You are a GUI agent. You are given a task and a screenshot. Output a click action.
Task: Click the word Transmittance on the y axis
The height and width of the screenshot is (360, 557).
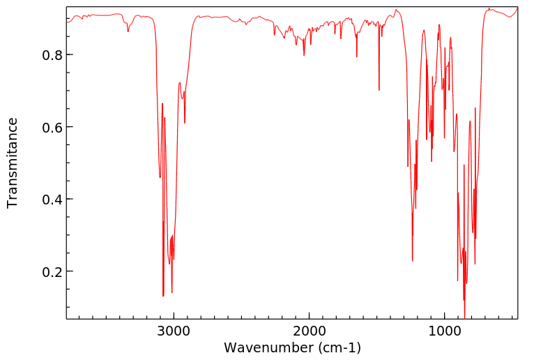[x=13, y=163]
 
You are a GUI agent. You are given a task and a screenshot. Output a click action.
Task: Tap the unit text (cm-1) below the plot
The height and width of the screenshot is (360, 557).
[x=337, y=347]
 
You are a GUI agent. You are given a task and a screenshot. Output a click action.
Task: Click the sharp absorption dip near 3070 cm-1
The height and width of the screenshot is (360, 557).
[x=163, y=296]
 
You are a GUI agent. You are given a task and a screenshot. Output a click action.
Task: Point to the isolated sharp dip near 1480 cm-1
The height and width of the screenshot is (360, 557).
[x=379, y=90]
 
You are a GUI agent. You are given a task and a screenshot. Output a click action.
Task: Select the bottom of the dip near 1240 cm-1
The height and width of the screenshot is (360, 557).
[x=413, y=261]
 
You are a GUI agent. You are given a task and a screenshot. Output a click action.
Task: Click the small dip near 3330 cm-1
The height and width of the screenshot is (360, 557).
[x=128, y=31]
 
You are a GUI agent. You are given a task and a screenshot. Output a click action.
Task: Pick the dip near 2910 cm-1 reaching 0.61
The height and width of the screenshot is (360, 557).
[x=185, y=123]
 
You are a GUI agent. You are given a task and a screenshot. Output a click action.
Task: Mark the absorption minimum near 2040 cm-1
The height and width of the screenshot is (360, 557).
[x=304, y=55]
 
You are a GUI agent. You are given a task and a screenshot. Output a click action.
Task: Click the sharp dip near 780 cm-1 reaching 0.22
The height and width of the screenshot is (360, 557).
[x=475, y=264]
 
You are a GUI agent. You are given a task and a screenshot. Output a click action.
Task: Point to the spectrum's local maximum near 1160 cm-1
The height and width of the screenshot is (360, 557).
[x=424, y=30]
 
